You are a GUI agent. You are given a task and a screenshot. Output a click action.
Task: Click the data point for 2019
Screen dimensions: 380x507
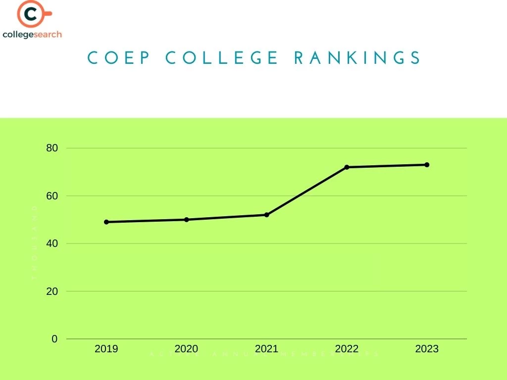[106, 222]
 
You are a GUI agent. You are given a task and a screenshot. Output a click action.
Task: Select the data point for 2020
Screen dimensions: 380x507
[187, 220]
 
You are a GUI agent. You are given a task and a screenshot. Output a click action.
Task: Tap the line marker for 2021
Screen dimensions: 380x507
[267, 215]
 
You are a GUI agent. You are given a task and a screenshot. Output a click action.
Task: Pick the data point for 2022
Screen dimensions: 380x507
[347, 167]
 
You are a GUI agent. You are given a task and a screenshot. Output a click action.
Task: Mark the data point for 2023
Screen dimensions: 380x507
[427, 165]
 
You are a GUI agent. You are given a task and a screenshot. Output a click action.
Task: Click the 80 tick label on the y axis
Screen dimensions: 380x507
[52, 148]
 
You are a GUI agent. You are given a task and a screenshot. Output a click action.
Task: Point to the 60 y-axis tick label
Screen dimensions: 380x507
[52, 196]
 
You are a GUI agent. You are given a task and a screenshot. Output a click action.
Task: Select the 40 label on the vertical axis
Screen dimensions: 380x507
[52, 243]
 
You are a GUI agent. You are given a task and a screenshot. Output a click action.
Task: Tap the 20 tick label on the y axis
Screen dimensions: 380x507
[52, 291]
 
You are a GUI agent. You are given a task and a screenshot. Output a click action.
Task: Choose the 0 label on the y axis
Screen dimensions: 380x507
[54, 339]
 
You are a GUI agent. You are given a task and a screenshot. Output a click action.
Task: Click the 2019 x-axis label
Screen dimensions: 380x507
[106, 349]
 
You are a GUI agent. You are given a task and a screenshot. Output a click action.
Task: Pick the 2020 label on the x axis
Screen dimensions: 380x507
[187, 349]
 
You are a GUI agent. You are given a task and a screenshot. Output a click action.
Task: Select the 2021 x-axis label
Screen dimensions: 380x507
[267, 349]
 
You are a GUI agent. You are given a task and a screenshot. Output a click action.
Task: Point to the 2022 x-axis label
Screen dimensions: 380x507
[347, 349]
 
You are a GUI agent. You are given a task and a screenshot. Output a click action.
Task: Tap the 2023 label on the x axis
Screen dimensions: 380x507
[427, 349]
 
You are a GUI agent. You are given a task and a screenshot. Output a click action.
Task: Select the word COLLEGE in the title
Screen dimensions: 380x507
[222, 58]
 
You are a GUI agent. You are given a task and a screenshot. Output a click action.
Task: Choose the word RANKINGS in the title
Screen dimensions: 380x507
[357, 58]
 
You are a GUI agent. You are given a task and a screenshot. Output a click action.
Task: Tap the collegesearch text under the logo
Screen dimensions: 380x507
[32, 35]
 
